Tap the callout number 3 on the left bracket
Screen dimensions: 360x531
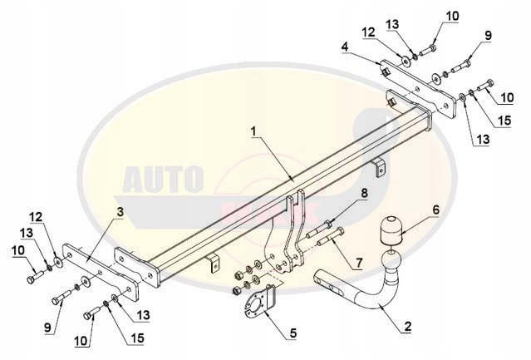click(x=121, y=213)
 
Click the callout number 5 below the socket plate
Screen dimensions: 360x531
click(x=292, y=334)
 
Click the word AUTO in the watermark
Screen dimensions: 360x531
click(x=163, y=179)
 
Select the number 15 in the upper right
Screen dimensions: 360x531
click(x=504, y=121)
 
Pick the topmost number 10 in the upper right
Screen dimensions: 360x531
click(x=452, y=15)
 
